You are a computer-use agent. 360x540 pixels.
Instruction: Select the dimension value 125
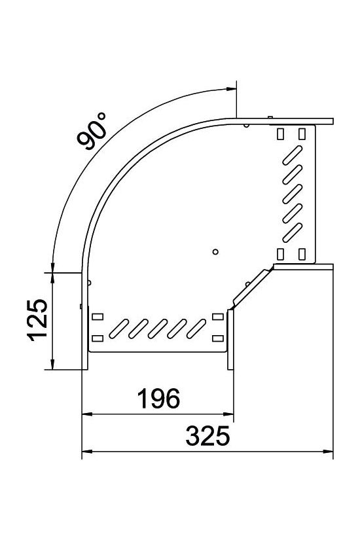click(x=37, y=321)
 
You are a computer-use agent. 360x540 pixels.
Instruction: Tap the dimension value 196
click(x=157, y=397)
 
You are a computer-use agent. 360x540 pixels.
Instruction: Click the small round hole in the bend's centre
click(x=216, y=251)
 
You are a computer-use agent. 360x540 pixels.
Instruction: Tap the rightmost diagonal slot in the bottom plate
click(x=197, y=328)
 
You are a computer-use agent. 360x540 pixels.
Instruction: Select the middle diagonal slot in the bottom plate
click(x=158, y=328)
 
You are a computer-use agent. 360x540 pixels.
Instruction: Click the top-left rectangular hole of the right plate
click(x=281, y=134)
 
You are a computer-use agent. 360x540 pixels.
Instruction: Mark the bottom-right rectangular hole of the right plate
click(x=302, y=253)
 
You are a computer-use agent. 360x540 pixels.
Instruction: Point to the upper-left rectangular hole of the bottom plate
click(x=98, y=317)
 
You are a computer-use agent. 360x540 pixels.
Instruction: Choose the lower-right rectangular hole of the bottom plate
click(x=218, y=338)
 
